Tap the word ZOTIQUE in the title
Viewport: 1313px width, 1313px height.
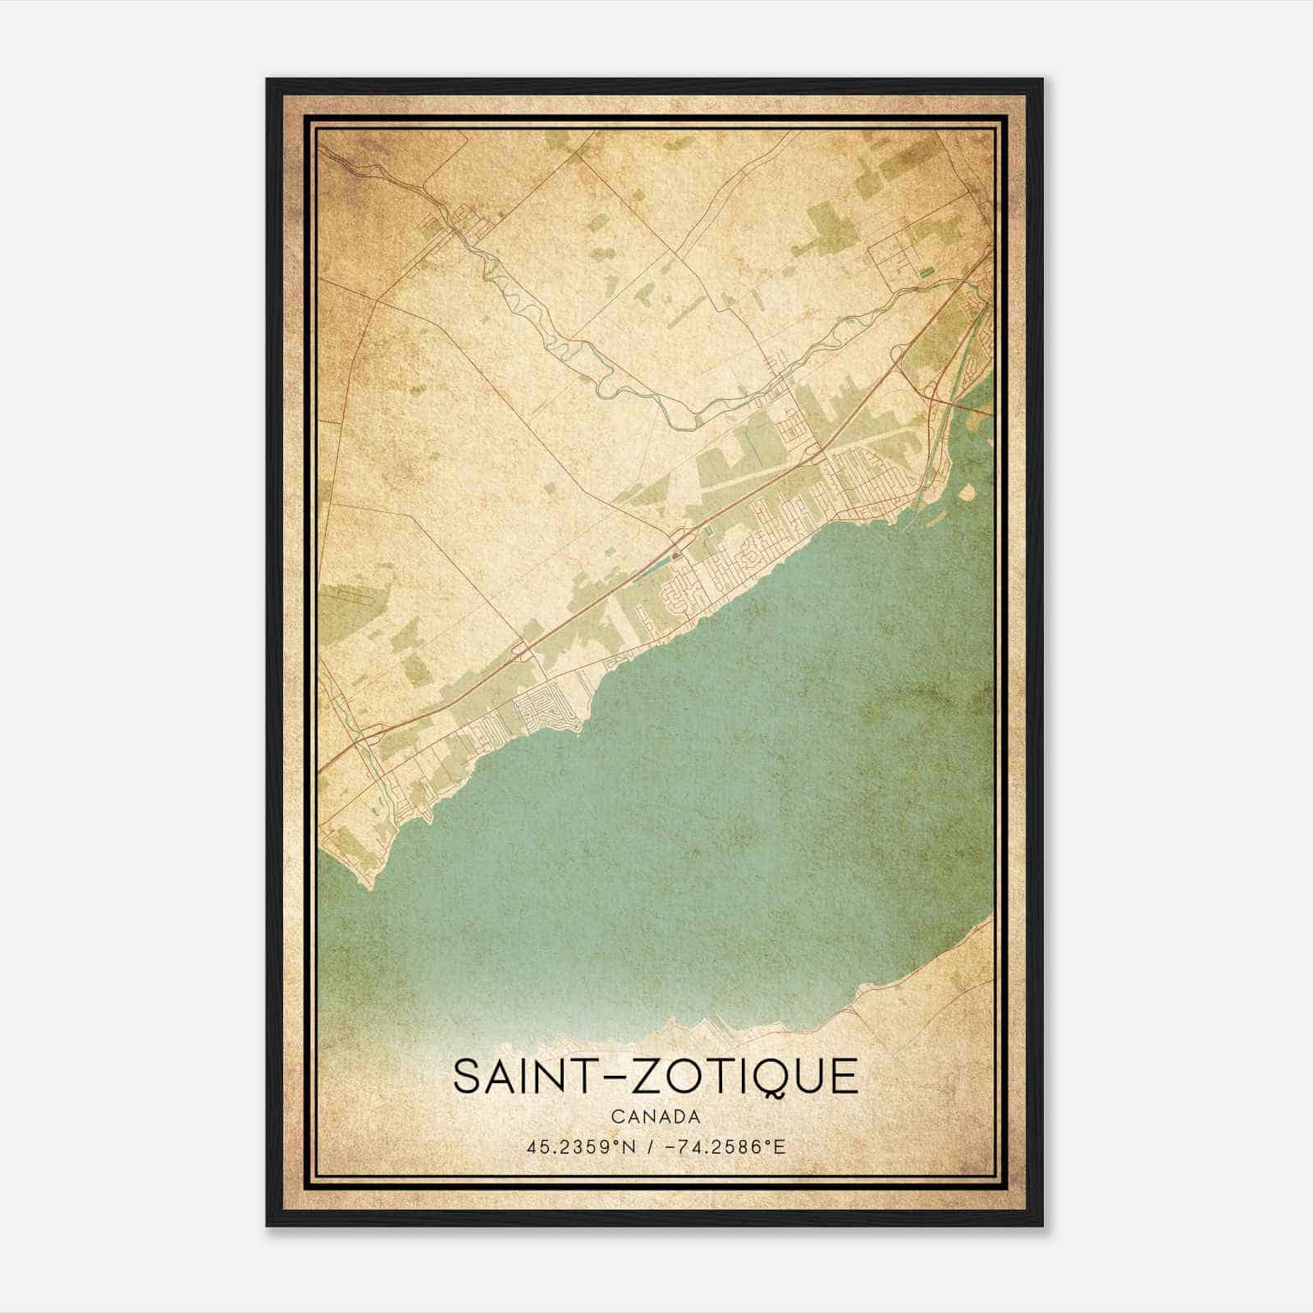pos(739,1076)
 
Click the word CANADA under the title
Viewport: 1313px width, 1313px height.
pos(656,1117)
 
